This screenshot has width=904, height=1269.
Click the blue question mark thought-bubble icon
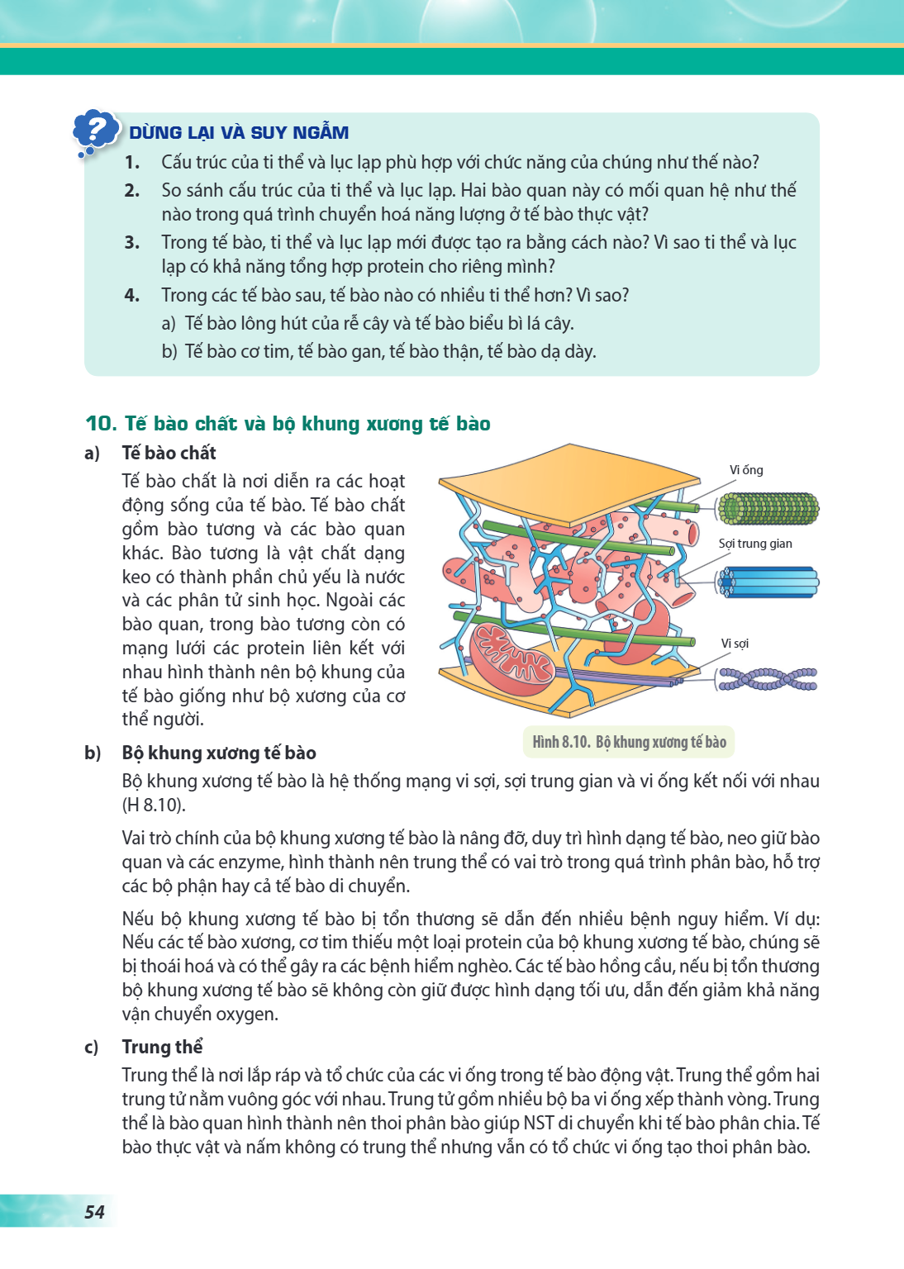95,133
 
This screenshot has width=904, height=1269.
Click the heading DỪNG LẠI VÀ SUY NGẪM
239,132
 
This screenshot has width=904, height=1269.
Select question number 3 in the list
132,242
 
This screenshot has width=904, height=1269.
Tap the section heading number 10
101,423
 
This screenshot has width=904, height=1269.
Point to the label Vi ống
746,469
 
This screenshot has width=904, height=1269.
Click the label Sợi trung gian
755,544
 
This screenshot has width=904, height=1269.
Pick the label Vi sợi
735,643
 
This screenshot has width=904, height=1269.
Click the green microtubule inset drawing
768,508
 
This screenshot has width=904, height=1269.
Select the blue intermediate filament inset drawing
768,582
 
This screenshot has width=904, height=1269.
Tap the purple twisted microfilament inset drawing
768,679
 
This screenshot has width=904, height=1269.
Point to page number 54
95,1211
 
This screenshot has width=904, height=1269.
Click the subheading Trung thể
162,1047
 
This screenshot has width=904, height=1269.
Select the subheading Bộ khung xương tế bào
219,753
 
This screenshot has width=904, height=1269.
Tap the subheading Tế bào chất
169,453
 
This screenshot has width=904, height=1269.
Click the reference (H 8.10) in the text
154,805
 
